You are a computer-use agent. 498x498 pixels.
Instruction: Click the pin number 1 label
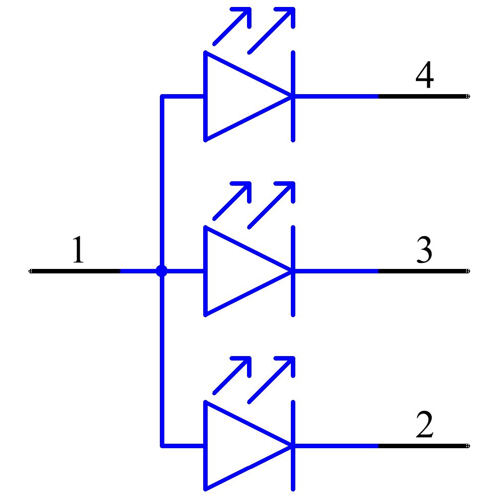click(x=78, y=250)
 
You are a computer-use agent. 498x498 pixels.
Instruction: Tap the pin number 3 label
click(x=424, y=250)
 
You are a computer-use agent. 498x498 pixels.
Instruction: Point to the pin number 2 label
click(x=424, y=425)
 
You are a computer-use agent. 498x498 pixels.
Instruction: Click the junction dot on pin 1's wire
click(x=161, y=271)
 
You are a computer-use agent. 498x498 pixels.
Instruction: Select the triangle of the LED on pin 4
click(x=234, y=96)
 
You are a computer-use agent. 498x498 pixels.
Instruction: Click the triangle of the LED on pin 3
click(x=234, y=271)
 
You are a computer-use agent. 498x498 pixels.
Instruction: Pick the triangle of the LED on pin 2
click(x=234, y=446)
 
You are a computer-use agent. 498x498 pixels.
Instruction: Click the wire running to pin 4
click(x=339, y=96)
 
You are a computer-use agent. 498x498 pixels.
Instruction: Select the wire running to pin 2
click(x=339, y=446)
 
